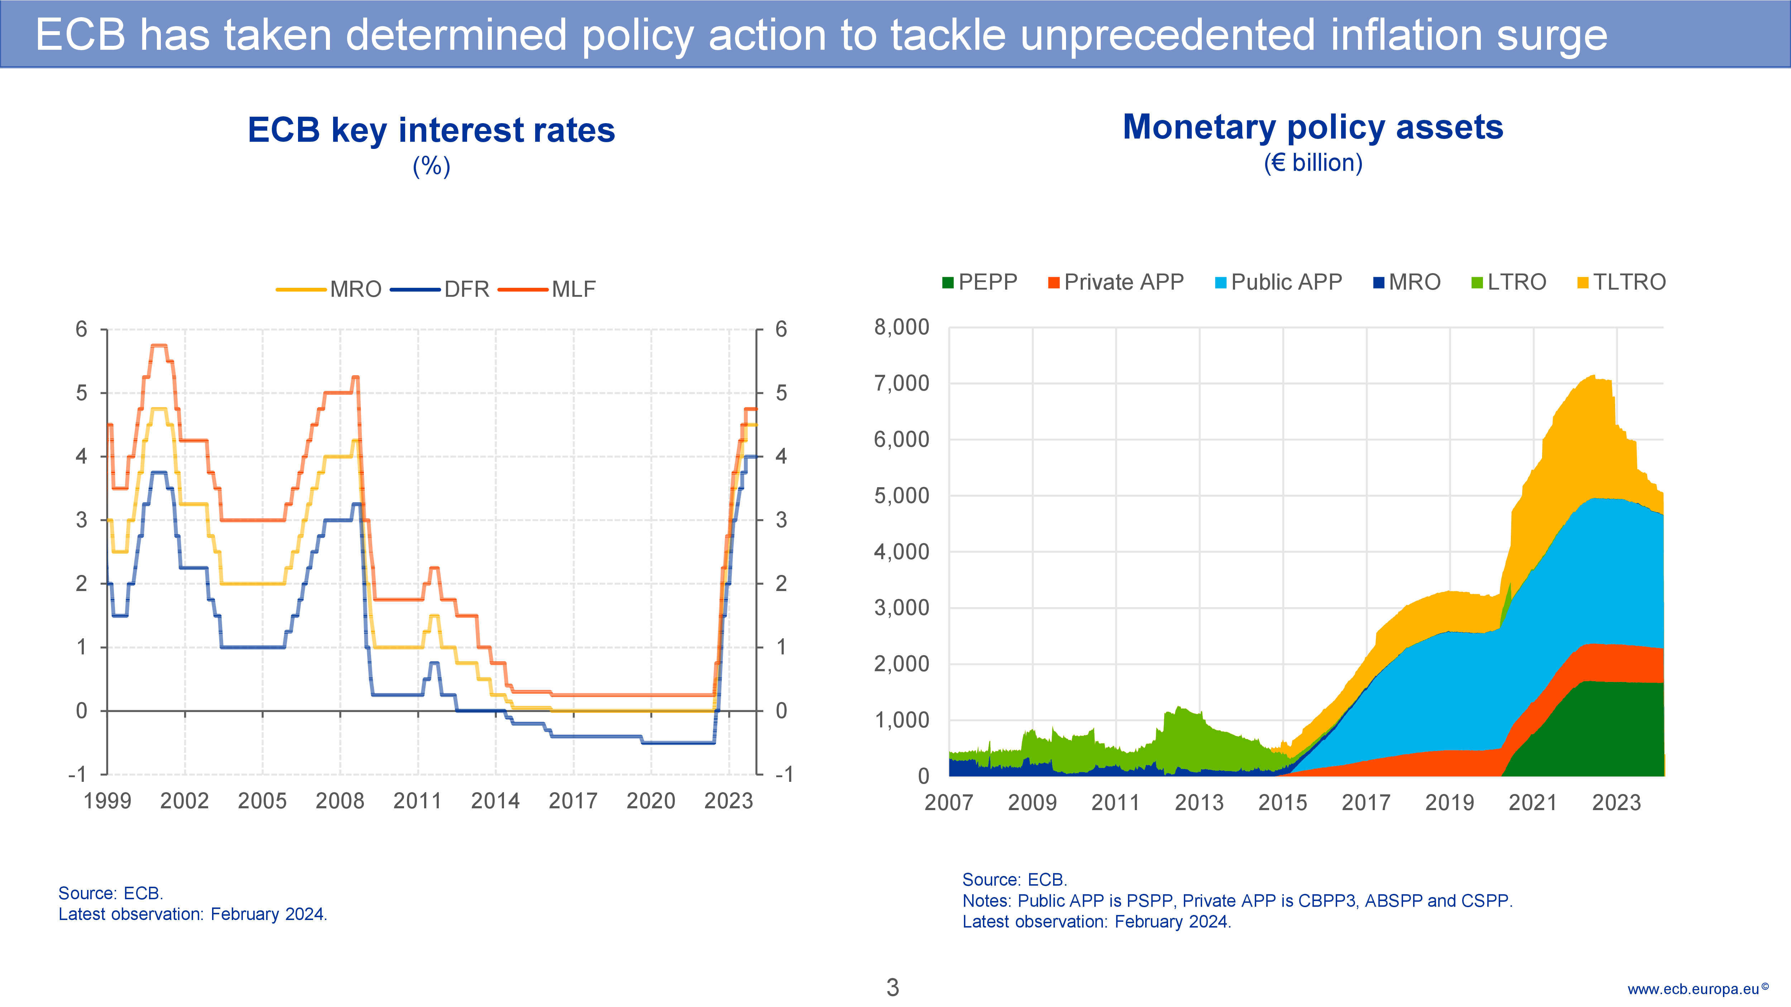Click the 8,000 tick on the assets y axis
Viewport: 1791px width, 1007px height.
click(x=901, y=327)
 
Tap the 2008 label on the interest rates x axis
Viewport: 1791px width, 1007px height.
click(x=340, y=801)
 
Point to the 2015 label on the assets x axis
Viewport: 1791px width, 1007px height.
click(x=1283, y=803)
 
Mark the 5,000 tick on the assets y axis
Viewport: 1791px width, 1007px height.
click(x=901, y=495)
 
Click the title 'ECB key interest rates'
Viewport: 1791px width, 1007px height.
click(x=431, y=130)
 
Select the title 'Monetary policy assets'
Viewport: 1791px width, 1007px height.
click(x=1313, y=127)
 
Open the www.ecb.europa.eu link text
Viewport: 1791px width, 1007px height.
click(x=1693, y=989)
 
